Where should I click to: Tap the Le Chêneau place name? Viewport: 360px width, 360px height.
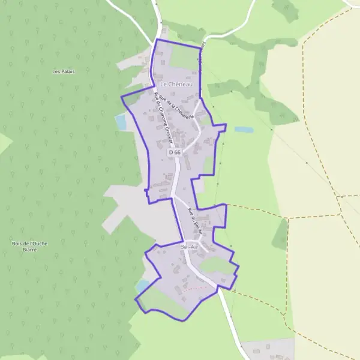pyautogui.click(x=175, y=85)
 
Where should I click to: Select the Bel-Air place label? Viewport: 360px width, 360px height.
pyautogui.click(x=188, y=247)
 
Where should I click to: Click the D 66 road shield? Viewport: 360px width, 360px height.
pyautogui.click(x=175, y=153)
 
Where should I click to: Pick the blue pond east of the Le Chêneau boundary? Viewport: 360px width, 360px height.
pyautogui.click(x=244, y=130)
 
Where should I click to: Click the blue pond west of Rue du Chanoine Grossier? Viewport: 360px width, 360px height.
pyautogui.click(x=121, y=122)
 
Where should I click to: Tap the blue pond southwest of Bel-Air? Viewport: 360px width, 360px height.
pyautogui.click(x=142, y=286)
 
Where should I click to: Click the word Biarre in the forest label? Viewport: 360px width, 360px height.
pyautogui.click(x=28, y=250)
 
